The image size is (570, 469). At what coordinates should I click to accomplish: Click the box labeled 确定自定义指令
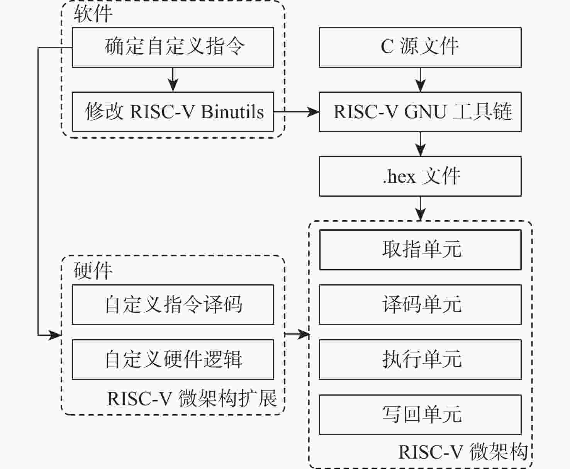[173, 47]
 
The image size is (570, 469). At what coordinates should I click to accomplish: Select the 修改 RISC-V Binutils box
[173, 112]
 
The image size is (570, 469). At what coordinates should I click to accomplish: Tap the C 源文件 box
[420, 47]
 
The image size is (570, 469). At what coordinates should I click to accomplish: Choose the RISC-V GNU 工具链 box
[420, 112]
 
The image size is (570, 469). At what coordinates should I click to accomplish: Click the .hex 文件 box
[420, 176]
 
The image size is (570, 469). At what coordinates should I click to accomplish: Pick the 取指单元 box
[420, 250]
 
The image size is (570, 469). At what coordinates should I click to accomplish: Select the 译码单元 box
[420, 304]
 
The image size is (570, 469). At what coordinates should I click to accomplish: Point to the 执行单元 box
[420, 359]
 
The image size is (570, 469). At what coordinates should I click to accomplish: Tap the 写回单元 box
[420, 414]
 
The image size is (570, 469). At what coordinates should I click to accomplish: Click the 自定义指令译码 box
[173, 304]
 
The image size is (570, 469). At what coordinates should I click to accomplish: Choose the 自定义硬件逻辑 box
[173, 359]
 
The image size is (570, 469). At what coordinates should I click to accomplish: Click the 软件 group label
[93, 14]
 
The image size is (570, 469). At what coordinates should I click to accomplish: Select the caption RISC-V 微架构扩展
[192, 398]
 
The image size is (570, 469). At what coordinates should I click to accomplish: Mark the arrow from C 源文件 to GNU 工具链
[420, 80]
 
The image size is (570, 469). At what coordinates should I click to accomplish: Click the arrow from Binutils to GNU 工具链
[297, 112]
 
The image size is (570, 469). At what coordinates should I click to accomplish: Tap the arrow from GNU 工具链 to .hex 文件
[420, 144]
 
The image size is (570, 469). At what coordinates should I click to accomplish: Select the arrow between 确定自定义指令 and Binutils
[173, 80]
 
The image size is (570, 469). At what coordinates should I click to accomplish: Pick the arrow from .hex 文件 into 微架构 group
[420, 209]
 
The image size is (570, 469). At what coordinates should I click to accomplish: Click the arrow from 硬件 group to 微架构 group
[297, 334]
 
